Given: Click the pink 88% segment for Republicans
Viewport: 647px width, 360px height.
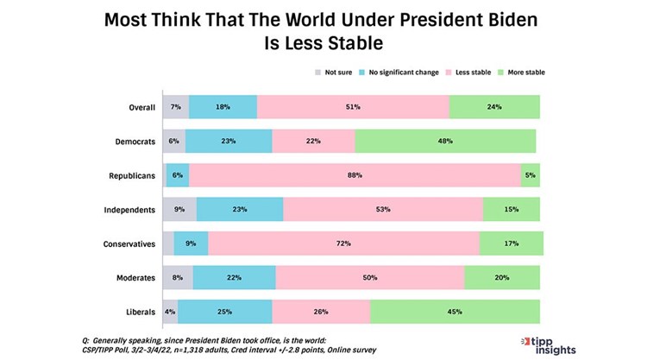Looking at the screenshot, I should point(355,175).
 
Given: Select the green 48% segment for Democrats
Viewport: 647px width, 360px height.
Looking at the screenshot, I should point(445,141).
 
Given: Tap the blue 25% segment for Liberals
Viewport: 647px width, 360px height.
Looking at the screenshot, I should point(224,312).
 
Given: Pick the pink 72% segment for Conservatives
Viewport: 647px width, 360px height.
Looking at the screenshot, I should point(342,243).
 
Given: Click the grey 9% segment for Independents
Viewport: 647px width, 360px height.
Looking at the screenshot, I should point(179,210).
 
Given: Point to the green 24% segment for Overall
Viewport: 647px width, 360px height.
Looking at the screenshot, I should point(493,107).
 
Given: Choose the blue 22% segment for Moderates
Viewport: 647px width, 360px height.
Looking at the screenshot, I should point(234,278).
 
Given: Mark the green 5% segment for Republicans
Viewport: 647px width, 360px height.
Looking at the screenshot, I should point(531,175).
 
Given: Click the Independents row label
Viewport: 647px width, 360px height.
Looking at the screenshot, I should point(129,210).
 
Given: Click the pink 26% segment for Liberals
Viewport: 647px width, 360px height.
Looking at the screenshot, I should point(320,312).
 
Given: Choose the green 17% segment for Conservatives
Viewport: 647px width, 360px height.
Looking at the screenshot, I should point(511,243).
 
